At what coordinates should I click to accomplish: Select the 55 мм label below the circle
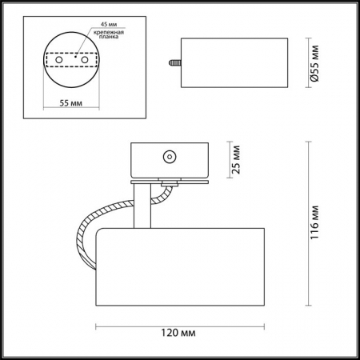[x=70, y=103]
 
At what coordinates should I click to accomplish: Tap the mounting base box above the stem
[x=168, y=160]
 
